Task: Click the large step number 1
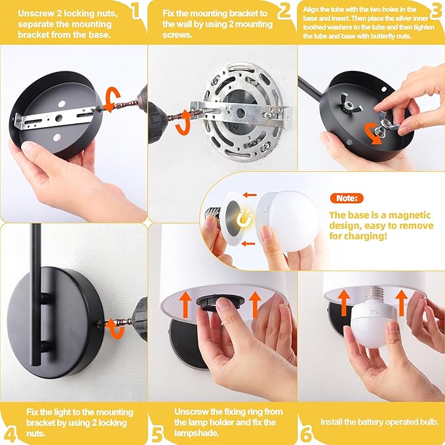click(136, 11)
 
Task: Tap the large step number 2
click(284, 11)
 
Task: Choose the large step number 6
click(307, 435)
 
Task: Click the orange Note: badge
click(347, 198)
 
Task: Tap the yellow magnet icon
click(244, 218)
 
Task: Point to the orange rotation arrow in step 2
click(184, 123)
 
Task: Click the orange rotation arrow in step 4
click(115, 329)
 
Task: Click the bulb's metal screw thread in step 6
click(375, 294)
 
